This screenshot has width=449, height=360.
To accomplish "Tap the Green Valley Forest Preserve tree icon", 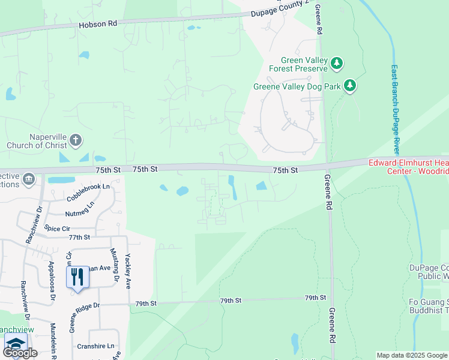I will tap(337, 62).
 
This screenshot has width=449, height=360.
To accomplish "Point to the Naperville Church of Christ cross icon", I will tap(75, 140).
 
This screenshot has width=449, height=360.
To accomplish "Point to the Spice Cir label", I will tap(58, 229).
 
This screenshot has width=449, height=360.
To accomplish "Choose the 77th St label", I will tap(79, 238).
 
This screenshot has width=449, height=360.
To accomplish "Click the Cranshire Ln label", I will tap(95, 346).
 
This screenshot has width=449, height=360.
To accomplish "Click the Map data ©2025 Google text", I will tap(411, 355).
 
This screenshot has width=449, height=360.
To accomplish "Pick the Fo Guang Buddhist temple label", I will tap(429, 306).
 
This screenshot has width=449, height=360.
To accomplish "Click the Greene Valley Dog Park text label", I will tap(297, 86).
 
